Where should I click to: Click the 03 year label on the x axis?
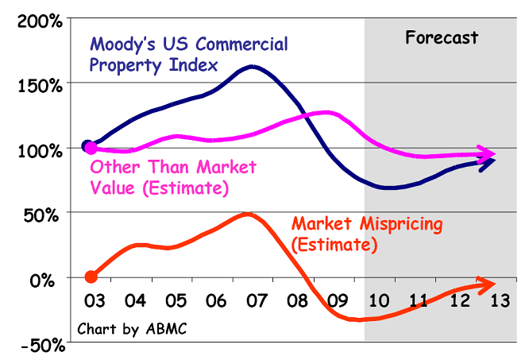[x=93, y=302]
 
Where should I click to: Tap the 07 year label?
[x=256, y=302]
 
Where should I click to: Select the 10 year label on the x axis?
[x=379, y=302]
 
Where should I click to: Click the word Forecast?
[x=442, y=37]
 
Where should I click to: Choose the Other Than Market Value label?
[x=173, y=177]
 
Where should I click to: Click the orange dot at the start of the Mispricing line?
[x=91, y=277]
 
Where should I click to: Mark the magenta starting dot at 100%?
[x=91, y=148]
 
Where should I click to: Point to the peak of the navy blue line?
[x=253, y=67]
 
